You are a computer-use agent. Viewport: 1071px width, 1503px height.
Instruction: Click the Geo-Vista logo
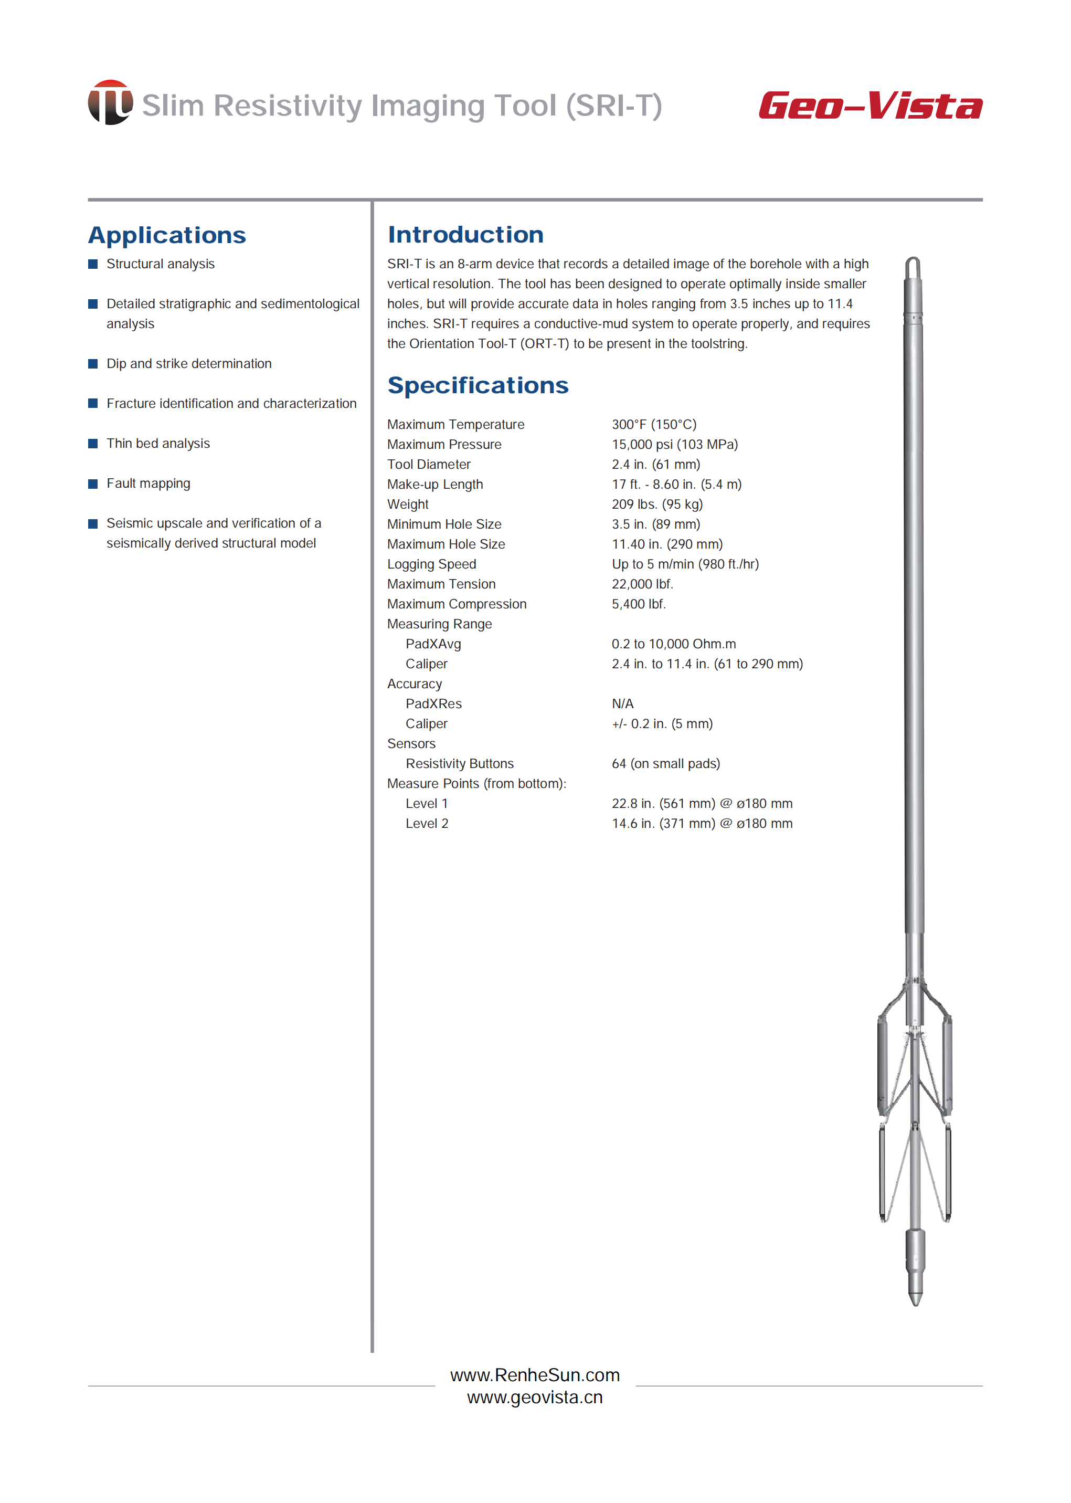(870, 106)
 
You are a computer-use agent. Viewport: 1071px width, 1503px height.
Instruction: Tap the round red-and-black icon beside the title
(110, 102)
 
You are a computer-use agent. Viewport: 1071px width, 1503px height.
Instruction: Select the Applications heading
(167, 235)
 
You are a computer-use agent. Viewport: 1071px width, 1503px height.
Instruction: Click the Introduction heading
(465, 234)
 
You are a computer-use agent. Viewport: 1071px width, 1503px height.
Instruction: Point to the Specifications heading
(478, 385)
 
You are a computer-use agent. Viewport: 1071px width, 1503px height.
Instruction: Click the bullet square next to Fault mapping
(93, 484)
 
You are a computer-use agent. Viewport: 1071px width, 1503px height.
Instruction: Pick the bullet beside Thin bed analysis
(93, 444)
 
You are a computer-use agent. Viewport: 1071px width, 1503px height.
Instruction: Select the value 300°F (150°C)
(653, 424)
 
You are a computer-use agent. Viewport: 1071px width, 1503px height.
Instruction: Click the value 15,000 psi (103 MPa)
(674, 444)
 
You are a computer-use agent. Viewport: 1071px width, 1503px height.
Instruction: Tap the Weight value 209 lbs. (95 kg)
(657, 504)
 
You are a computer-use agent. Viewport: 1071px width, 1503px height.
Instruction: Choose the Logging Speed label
(431, 564)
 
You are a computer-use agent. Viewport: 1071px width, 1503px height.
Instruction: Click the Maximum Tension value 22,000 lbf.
(642, 584)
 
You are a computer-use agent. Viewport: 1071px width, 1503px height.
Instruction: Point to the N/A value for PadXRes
(622, 703)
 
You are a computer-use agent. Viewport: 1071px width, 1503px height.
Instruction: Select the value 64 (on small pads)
(665, 763)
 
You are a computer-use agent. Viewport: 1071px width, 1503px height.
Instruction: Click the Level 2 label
(427, 823)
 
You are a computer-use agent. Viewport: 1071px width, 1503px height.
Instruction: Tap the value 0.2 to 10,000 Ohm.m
(673, 644)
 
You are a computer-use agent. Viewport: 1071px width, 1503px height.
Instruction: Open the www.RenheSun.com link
(535, 1375)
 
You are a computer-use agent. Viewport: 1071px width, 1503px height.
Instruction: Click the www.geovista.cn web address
(535, 1397)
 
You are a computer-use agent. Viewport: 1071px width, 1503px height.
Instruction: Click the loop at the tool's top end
(913, 267)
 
